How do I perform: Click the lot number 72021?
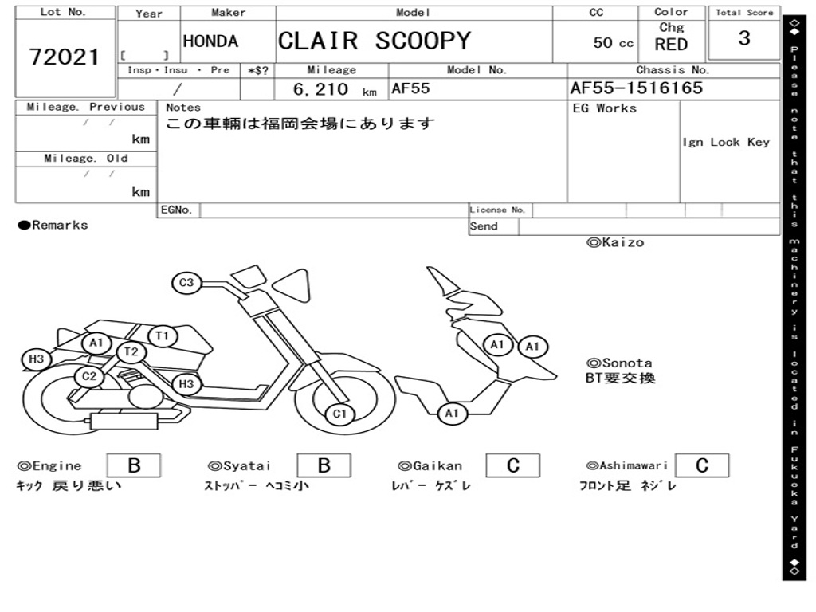(65, 57)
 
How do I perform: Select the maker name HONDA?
(210, 41)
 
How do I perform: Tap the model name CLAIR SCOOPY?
(375, 41)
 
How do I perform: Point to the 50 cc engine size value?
(613, 43)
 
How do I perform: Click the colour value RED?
(671, 45)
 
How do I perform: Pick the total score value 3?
(743, 39)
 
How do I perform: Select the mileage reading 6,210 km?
(334, 89)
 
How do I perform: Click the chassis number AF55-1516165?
(636, 88)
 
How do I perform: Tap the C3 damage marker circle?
(186, 282)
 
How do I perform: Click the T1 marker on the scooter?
(163, 336)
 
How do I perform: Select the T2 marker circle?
(131, 351)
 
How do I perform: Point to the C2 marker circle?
(89, 376)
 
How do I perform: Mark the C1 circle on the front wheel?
(340, 414)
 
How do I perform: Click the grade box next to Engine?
(133, 465)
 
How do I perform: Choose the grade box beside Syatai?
(324, 465)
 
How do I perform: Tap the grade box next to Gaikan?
(512, 465)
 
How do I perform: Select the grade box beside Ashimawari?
(701, 465)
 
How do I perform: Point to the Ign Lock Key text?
(725, 143)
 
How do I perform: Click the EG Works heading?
(605, 108)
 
